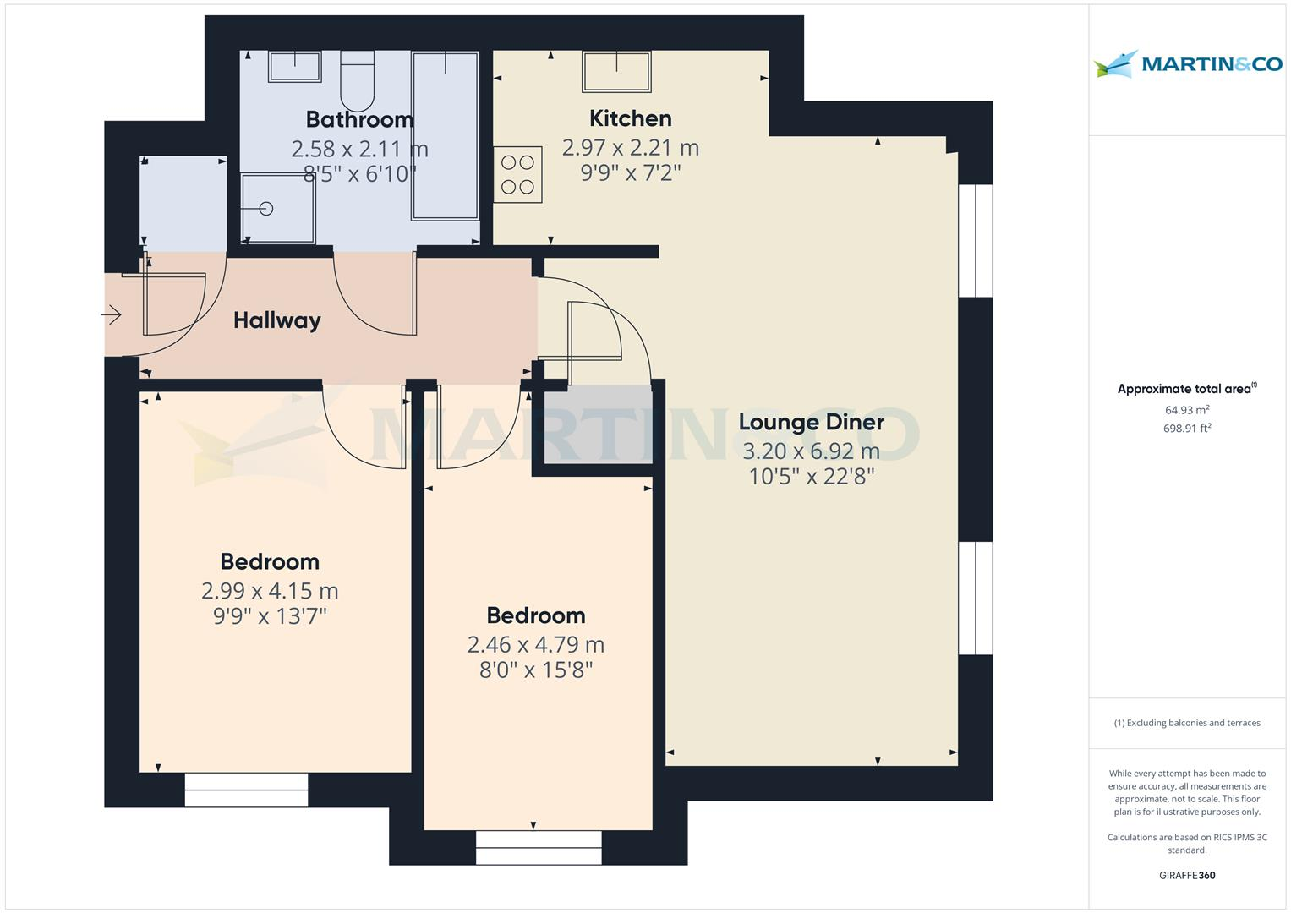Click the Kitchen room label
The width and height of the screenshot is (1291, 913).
pos(630,118)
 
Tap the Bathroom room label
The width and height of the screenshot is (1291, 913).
pos(359,119)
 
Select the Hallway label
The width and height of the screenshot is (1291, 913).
pos(276,320)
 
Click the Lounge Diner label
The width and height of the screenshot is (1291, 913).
pos(811,422)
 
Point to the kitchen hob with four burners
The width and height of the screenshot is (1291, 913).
pos(517,174)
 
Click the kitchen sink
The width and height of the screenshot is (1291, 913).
pos(616,70)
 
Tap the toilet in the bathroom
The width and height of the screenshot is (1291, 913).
pos(357,80)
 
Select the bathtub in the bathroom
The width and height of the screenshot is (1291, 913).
pos(445,135)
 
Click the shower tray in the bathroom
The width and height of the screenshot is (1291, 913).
pos(277,208)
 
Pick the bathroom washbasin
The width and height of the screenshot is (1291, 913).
pos(294,66)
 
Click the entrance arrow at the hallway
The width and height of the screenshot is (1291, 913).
pos(112,315)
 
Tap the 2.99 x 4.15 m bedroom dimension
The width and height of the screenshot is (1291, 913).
pos(270,590)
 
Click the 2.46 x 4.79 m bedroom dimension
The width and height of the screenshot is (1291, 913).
pos(535,644)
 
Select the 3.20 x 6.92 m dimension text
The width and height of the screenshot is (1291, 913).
pos(811,451)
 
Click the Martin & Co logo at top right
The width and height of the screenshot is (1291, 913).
pos(1187,64)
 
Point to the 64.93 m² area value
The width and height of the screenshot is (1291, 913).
pos(1187,410)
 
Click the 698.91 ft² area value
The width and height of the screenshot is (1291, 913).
pos(1187,429)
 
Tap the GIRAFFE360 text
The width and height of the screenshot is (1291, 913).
pos(1187,875)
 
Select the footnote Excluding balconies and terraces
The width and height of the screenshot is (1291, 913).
pos(1187,723)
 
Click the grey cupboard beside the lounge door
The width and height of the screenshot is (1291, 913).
pos(598,424)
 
